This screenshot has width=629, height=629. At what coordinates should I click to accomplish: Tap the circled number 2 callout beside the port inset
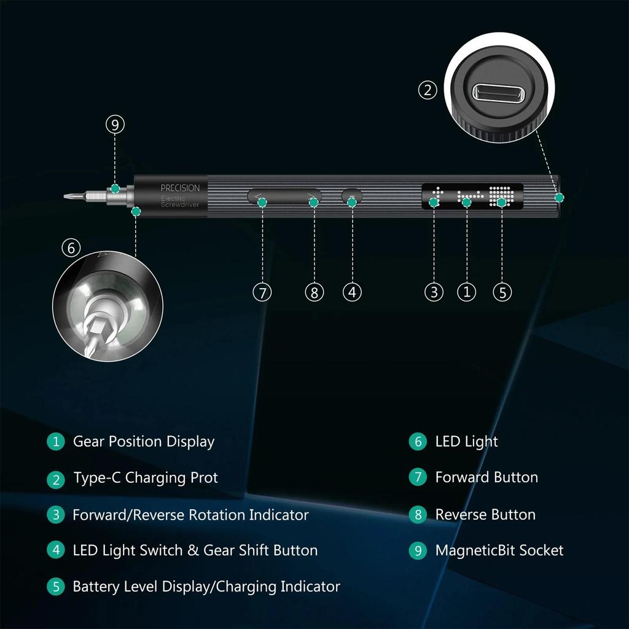(428, 90)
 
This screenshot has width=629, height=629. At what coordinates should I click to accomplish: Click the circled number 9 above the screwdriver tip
(115, 125)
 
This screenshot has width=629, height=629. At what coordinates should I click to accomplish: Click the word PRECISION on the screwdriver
(180, 188)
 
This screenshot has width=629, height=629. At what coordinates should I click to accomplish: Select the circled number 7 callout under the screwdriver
(262, 292)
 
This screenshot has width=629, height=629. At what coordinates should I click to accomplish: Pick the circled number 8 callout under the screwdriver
(314, 292)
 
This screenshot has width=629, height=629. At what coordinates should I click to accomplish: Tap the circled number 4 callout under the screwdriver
(351, 292)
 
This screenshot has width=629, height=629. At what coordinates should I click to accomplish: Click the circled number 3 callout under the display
(434, 292)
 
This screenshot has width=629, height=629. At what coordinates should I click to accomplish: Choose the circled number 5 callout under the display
(502, 292)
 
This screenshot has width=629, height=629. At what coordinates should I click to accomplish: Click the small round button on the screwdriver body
(352, 197)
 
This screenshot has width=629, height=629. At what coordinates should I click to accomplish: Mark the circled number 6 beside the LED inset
(71, 248)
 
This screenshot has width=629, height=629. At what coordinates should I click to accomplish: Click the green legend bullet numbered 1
(56, 442)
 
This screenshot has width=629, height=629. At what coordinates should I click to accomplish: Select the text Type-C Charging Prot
(146, 478)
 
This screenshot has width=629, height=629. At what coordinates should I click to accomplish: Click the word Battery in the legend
(95, 587)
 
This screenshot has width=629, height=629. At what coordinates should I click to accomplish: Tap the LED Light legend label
(466, 442)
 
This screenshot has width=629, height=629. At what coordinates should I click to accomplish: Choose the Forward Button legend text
(486, 477)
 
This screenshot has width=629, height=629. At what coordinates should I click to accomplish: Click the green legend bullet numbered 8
(418, 514)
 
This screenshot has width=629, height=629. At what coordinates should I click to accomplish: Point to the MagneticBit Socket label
(499, 550)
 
